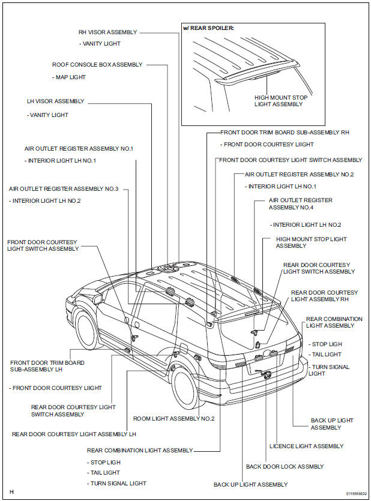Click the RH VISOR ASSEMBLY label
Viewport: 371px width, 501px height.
click(107, 32)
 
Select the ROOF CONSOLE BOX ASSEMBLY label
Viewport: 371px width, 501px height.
click(97, 65)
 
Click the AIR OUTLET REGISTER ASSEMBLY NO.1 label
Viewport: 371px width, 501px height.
click(79, 148)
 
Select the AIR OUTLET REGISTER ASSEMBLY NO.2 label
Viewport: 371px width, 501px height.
click(299, 175)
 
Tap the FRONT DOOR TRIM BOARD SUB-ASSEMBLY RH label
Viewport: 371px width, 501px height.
click(285, 132)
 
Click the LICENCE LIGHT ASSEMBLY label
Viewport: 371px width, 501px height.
click(306, 446)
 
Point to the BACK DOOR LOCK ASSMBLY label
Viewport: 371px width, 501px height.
click(285, 467)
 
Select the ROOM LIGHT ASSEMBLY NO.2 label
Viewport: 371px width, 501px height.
click(173, 419)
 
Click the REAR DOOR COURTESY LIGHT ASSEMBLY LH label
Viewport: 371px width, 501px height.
click(74, 434)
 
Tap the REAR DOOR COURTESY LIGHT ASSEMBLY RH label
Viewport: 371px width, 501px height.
click(324, 296)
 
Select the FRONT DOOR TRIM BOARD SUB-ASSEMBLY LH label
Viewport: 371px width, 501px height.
click(47, 367)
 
